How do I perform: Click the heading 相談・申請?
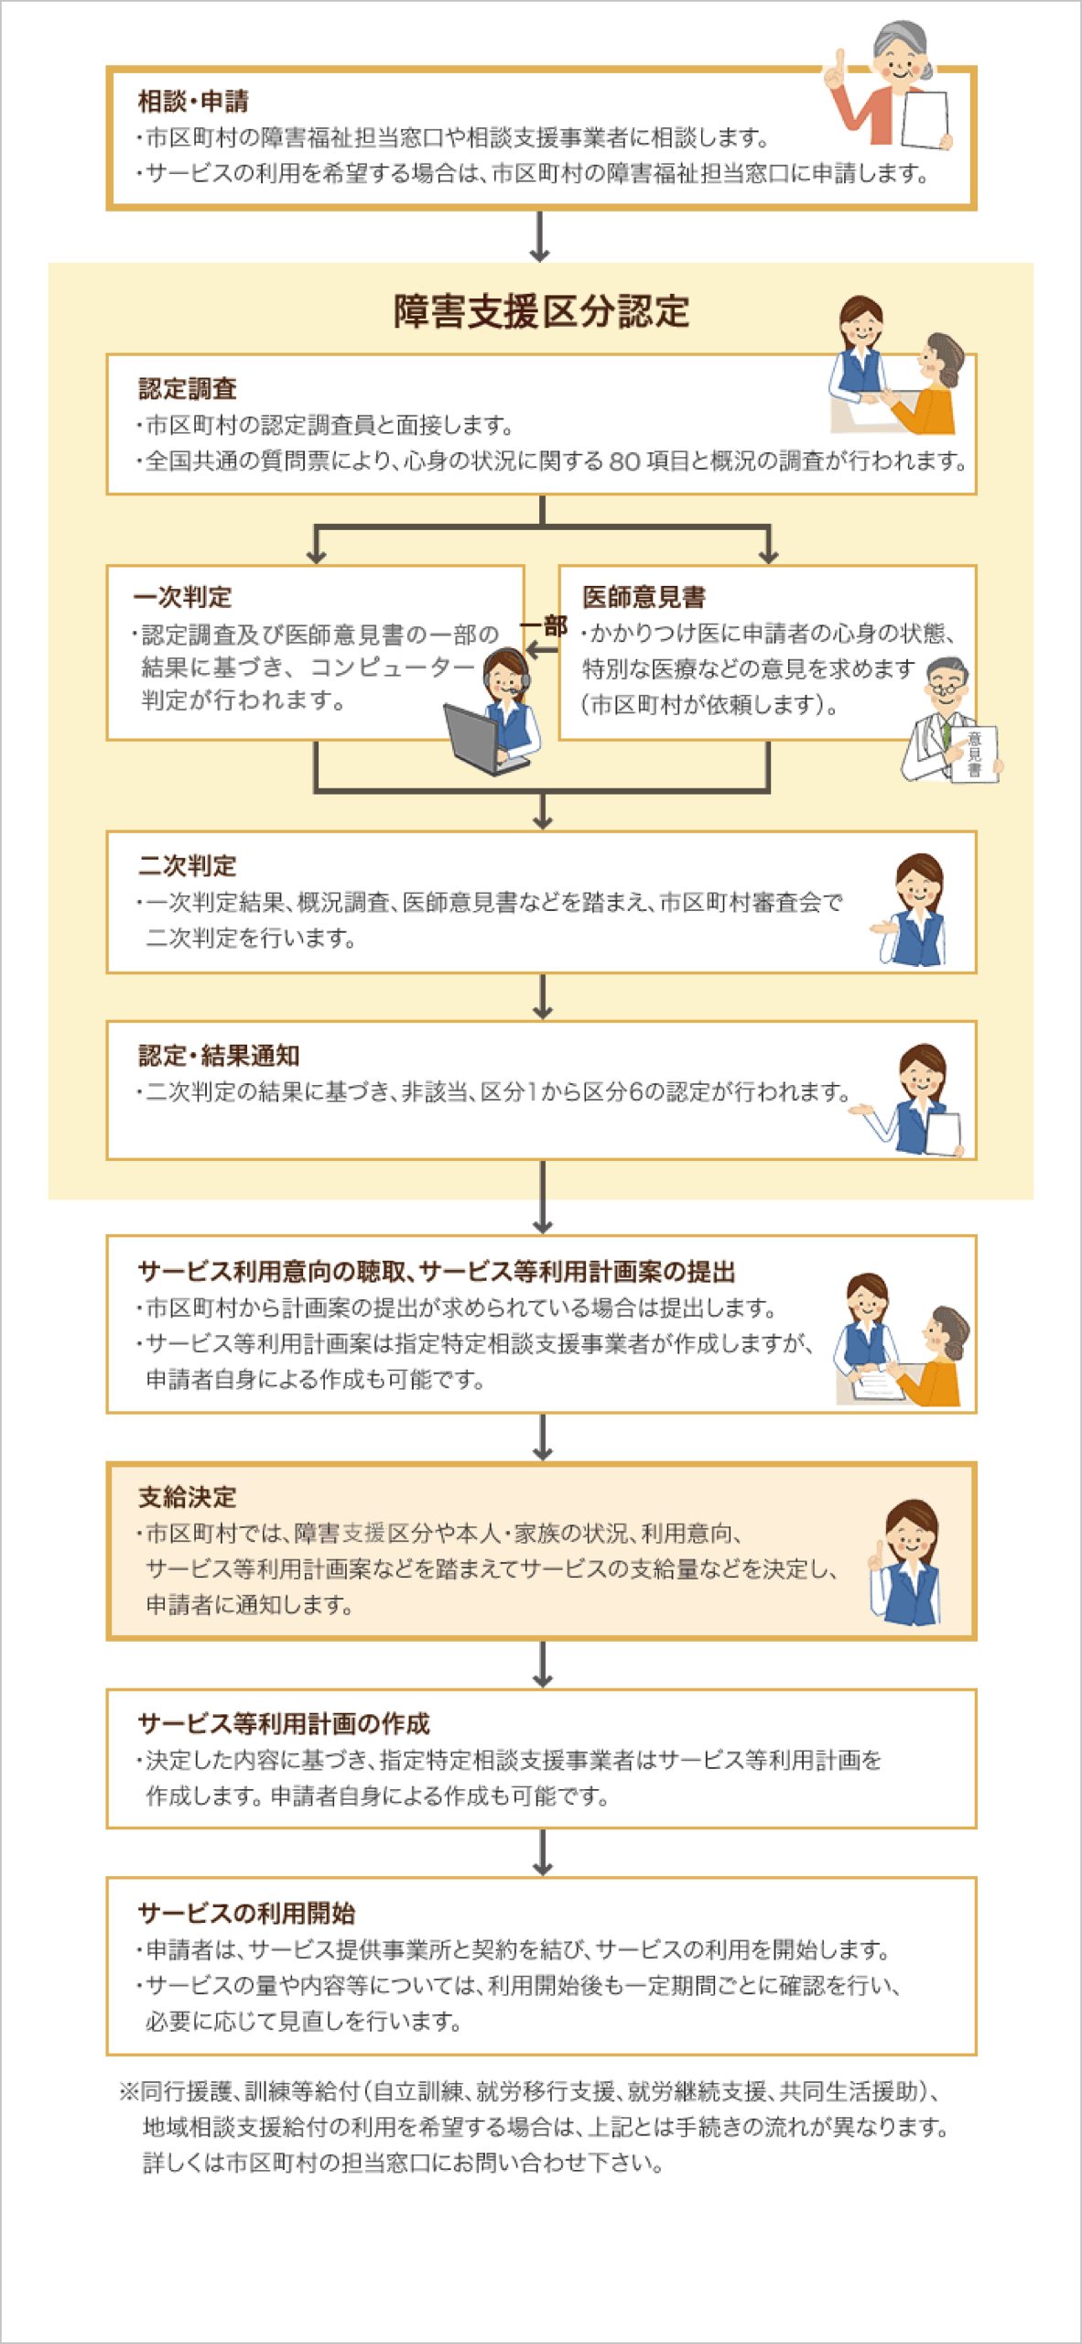pyautogui.click(x=193, y=101)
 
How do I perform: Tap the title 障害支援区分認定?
pyautogui.click(x=541, y=311)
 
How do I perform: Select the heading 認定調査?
pyautogui.click(x=188, y=389)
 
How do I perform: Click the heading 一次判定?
pyautogui.click(x=182, y=597)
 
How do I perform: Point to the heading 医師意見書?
pyautogui.click(x=644, y=597)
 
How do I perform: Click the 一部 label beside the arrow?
pyautogui.click(x=544, y=626)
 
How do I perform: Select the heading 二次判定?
pyautogui.click(x=188, y=865)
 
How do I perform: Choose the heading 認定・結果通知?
pyautogui.click(x=219, y=1055)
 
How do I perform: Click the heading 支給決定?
pyautogui.click(x=188, y=1497)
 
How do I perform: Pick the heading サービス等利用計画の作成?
pyautogui.click(x=284, y=1723)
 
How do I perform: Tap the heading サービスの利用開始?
pyautogui.click(x=246, y=1913)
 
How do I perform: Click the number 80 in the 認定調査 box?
pyautogui.click(x=624, y=461)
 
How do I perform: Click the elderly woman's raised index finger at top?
pyautogui.click(x=838, y=63)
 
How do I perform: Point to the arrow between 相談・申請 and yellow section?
pyautogui.click(x=540, y=236)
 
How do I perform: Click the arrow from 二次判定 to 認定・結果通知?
pyautogui.click(x=543, y=996)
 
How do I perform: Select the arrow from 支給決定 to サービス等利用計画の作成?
pyautogui.click(x=543, y=1664)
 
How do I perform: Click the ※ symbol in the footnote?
pyautogui.click(x=128, y=2091)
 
